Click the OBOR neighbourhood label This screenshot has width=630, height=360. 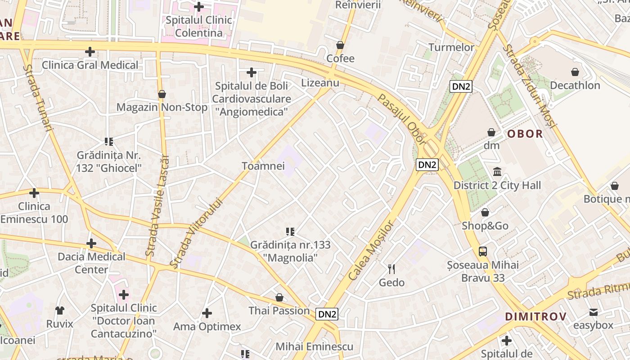[525, 134]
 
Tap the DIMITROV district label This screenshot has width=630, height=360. [535, 316]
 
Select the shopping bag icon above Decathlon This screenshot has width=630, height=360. [575, 72]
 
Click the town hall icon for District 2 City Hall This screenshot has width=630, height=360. [497, 171]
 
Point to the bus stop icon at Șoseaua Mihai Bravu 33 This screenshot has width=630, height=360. [483, 251]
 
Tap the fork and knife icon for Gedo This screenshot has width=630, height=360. [391, 269]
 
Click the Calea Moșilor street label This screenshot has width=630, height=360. [371, 250]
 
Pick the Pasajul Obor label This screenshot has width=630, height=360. [402, 119]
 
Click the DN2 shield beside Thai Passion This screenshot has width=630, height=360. [327, 314]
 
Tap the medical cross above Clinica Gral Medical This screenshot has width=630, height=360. [90, 52]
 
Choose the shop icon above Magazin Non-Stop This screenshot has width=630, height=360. [162, 94]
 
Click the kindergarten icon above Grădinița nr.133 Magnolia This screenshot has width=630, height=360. [290, 232]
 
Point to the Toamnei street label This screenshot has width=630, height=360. [263, 166]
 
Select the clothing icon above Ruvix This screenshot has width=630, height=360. [59, 310]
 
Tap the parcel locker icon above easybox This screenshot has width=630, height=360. [593, 312]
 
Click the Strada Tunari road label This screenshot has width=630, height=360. [38, 98]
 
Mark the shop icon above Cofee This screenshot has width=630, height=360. [340, 45]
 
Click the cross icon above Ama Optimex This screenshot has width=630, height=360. [207, 313]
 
